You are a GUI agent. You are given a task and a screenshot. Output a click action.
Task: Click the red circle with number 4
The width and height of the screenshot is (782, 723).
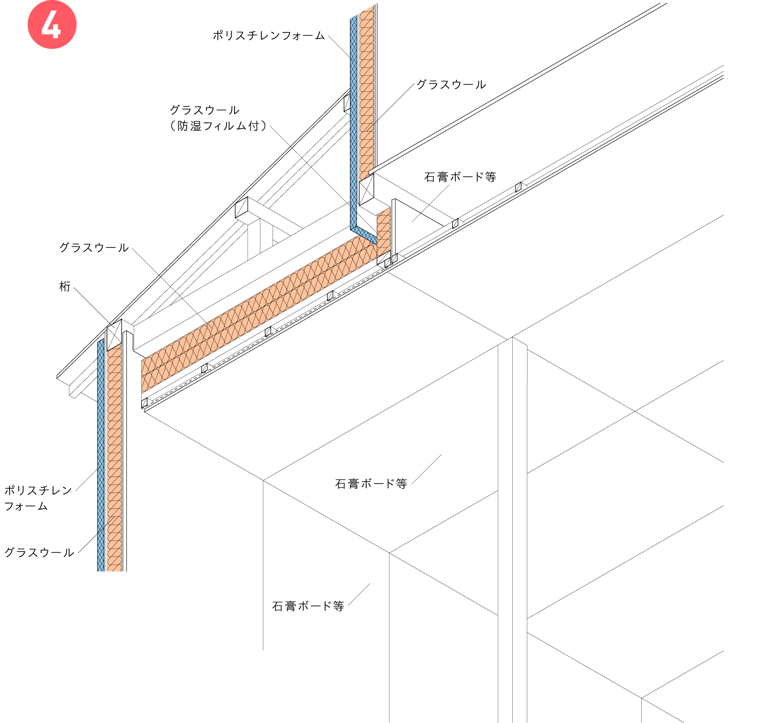pyautogui.click(x=52, y=24)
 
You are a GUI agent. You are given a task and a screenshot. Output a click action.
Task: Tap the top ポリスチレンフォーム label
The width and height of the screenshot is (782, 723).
pyautogui.click(x=269, y=36)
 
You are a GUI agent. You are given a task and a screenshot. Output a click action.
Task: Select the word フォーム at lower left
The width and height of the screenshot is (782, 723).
pyautogui.click(x=26, y=507)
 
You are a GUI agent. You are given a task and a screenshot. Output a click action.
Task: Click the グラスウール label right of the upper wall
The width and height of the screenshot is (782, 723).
pyautogui.click(x=451, y=85)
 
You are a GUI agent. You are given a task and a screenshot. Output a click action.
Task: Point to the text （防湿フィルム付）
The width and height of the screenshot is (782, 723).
pyautogui.click(x=219, y=126)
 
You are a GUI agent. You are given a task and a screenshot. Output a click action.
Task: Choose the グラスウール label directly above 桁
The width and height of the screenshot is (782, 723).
pyautogui.click(x=94, y=248)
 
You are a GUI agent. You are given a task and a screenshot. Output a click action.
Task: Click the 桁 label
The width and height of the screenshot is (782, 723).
pyautogui.click(x=65, y=286)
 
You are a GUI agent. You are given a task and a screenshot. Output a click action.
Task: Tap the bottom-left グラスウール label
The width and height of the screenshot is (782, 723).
pyautogui.click(x=39, y=553)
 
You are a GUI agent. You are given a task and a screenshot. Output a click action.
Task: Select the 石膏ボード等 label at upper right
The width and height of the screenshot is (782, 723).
pyautogui.click(x=460, y=177)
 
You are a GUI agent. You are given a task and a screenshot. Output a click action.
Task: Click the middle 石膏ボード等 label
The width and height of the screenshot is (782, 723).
pyautogui.click(x=371, y=484)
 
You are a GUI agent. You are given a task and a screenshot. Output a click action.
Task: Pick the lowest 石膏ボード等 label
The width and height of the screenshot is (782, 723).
pyautogui.click(x=308, y=606)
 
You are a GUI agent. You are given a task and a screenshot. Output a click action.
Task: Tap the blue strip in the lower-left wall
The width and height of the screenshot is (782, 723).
pyautogui.click(x=101, y=455)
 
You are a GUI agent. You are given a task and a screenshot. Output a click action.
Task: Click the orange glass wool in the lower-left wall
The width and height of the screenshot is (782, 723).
pyautogui.click(x=114, y=459)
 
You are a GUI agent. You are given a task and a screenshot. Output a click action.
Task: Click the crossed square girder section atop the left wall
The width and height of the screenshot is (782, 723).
pyautogui.click(x=114, y=335)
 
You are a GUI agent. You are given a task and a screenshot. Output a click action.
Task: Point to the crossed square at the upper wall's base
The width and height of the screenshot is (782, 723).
pyautogui.click(x=367, y=189)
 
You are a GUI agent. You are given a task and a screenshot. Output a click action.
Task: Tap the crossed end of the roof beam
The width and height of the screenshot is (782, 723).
pyautogui.click(x=242, y=208)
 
